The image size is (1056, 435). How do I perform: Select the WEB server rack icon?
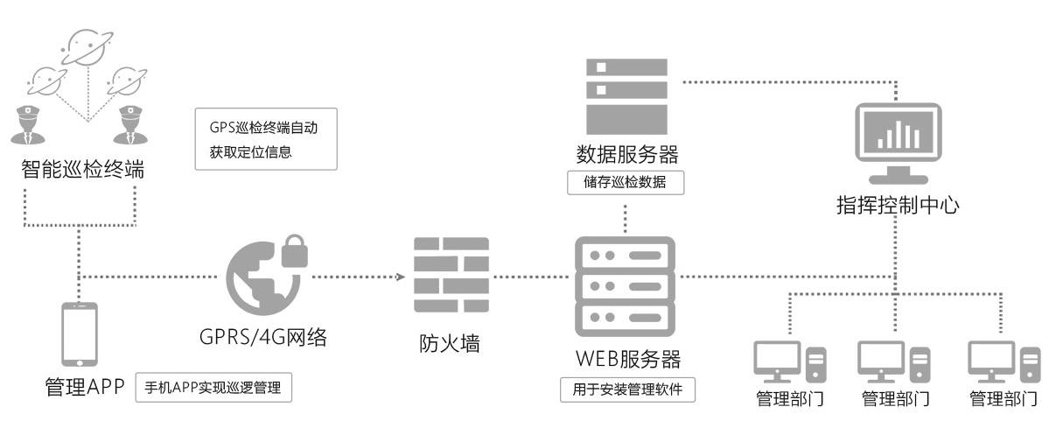pos(626,284)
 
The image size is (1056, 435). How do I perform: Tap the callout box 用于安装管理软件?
pos(627,389)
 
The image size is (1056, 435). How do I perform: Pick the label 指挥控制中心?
pos(898,207)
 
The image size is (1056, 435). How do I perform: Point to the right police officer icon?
pos(131,123)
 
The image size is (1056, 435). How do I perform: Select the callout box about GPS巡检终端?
pos(266,138)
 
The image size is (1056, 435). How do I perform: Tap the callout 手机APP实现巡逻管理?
pos(213,388)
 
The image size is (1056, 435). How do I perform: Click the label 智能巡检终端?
pos(82,169)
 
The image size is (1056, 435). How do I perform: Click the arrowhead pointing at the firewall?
pos(401,277)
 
